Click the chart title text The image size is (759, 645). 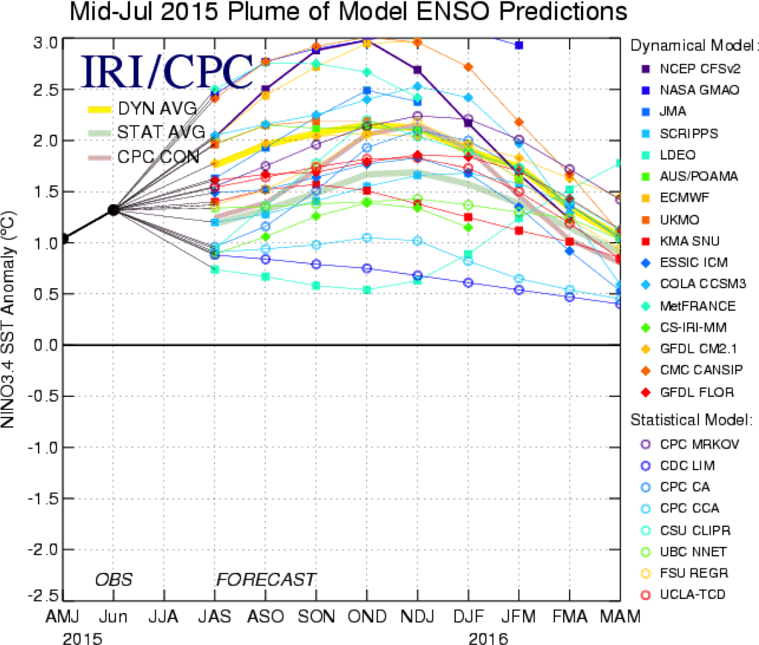pyautogui.click(x=349, y=12)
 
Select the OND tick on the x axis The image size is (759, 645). pyautogui.click(x=366, y=618)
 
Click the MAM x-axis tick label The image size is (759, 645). pyautogui.click(x=620, y=618)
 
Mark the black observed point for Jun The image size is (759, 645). pyautogui.click(x=113, y=209)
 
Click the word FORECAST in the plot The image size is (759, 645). pyautogui.click(x=265, y=579)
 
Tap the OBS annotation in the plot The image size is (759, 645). pyautogui.click(x=112, y=579)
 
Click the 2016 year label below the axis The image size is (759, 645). pyautogui.click(x=488, y=638)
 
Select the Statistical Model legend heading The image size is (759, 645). pyautogui.click(x=691, y=420)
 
